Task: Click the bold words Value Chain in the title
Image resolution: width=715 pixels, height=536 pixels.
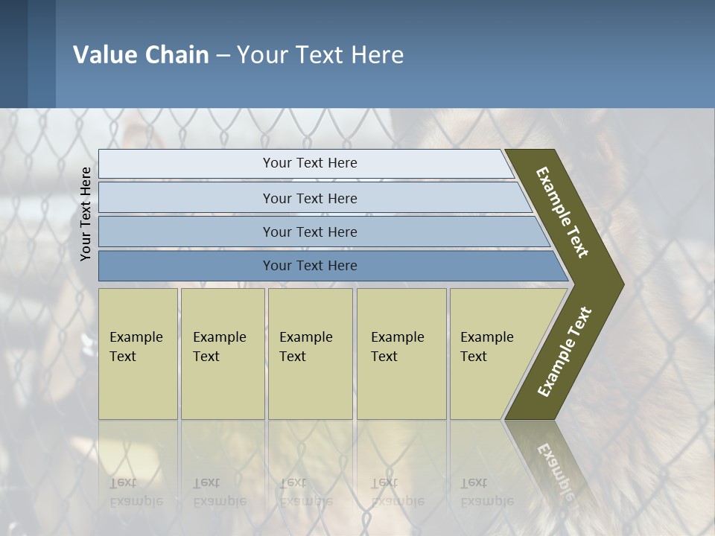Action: pyautogui.click(x=141, y=55)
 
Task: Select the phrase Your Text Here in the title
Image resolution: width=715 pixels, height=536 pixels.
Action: pyautogui.click(x=320, y=55)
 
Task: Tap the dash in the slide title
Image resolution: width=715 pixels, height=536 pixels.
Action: pyautogui.click(x=223, y=56)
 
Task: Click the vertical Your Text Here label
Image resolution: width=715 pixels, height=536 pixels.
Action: pyautogui.click(x=86, y=214)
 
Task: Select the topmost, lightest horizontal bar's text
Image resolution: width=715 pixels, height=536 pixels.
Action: pyautogui.click(x=310, y=163)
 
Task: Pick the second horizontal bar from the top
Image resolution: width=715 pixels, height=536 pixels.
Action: pyautogui.click(x=310, y=198)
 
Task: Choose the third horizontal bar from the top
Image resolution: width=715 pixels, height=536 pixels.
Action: pyautogui.click(x=310, y=232)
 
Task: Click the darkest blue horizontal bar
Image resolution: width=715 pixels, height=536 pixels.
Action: pyautogui.click(x=310, y=266)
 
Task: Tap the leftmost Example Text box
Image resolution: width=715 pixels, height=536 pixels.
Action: pyautogui.click(x=138, y=354)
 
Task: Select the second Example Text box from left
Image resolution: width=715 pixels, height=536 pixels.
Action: pyautogui.click(x=222, y=354)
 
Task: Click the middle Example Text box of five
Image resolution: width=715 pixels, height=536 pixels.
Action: pyautogui.click(x=310, y=354)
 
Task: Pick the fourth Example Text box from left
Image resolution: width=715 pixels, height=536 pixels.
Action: pyautogui.click(x=401, y=354)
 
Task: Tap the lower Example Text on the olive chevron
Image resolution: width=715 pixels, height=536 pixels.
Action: pyautogui.click(x=564, y=352)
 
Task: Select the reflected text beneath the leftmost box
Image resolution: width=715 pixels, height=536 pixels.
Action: pyautogui.click(x=136, y=492)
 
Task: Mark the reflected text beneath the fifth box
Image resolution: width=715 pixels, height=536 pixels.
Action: pyautogui.click(x=486, y=492)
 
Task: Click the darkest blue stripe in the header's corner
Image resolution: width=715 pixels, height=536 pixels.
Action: pyautogui.click(x=13, y=54)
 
